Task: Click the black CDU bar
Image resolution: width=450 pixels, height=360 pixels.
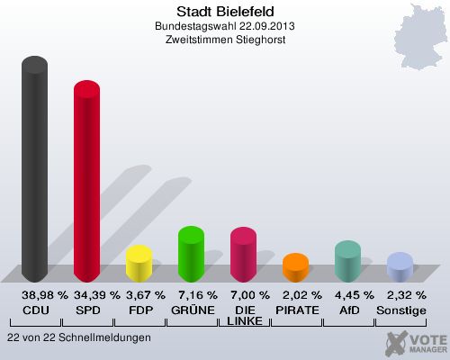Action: [35, 171]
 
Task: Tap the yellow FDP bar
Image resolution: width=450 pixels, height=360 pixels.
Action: [139, 265]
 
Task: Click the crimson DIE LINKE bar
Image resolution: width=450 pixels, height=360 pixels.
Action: [243, 256]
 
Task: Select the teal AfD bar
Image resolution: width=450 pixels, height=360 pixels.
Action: [347, 262]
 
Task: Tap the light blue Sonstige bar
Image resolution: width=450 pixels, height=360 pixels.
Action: [399, 267]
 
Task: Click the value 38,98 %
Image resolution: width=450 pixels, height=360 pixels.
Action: [36, 295]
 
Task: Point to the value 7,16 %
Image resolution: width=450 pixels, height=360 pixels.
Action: [192, 295]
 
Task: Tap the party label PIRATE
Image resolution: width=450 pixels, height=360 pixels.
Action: [296, 310]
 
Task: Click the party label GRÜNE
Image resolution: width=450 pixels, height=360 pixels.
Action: [192, 310]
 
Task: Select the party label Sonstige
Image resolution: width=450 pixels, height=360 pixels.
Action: [400, 310]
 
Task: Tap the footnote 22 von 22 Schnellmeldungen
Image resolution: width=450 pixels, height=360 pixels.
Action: [78, 337]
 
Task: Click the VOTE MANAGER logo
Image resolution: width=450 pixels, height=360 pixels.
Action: [416, 343]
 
